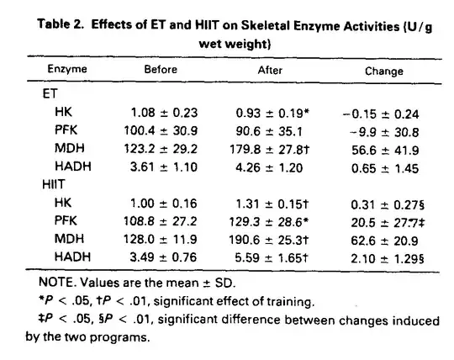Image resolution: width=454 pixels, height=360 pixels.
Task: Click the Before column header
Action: [x=161, y=70]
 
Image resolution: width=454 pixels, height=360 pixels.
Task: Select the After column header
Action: [x=270, y=70]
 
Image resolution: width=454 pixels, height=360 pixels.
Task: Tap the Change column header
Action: [x=384, y=71]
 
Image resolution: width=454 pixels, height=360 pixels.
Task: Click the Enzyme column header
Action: [x=67, y=69]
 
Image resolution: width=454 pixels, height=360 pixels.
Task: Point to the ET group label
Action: [x=50, y=93]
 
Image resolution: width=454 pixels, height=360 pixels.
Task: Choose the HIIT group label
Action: [x=53, y=184]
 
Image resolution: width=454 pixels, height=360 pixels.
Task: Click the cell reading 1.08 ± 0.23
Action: [x=164, y=113]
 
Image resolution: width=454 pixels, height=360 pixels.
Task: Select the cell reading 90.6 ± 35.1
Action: [x=269, y=131]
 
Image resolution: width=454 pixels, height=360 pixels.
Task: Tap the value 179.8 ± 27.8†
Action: [x=270, y=150]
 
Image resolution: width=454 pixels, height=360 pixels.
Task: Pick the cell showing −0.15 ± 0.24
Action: [x=381, y=114]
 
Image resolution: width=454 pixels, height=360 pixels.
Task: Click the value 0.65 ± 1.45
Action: [x=385, y=168]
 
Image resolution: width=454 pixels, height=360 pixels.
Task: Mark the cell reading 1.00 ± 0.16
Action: [x=164, y=204]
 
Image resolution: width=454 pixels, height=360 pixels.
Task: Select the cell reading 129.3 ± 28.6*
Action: [x=269, y=222]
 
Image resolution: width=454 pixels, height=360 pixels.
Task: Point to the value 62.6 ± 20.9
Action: [x=384, y=241]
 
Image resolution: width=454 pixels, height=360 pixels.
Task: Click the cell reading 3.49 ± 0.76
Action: [x=163, y=257]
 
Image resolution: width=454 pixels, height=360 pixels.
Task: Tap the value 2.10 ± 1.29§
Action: [x=388, y=258]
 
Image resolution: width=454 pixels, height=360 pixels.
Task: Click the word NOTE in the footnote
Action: [x=56, y=282]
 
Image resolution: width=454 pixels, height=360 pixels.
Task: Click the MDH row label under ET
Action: [x=70, y=148]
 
